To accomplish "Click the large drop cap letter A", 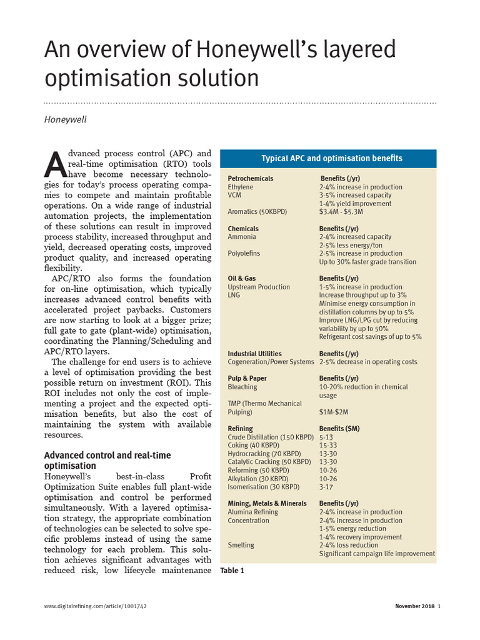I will coord(54,164).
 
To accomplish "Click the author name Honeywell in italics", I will coord(65,119).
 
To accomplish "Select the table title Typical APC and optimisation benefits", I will coord(331,158).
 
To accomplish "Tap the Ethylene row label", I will coord(241,187).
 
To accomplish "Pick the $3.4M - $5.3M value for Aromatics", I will coord(341,212).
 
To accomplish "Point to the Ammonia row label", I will coord(241,237).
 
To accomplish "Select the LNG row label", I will coord(234,295).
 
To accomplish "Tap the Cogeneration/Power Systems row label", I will coord(271,362).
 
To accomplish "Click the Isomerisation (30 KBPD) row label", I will coord(263,487).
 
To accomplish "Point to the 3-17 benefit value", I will coord(326,487).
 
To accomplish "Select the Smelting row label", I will coord(241,545).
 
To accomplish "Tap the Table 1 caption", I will coord(232,570).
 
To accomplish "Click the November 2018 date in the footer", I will coord(414,606).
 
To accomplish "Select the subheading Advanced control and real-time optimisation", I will coord(107,461).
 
